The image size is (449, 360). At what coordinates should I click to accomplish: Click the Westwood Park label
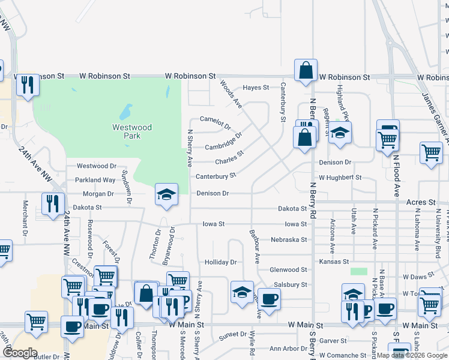click(132, 131)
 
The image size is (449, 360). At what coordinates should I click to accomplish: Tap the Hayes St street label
click(256, 88)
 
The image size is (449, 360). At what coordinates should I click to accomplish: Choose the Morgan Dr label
click(98, 194)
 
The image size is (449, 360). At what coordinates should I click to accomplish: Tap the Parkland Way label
click(95, 180)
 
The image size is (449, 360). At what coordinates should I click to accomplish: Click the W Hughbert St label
click(340, 178)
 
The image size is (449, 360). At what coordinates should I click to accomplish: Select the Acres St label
click(420, 203)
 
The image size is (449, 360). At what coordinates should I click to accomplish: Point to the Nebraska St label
click(288, 239)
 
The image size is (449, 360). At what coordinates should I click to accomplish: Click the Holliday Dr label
click(221, 262)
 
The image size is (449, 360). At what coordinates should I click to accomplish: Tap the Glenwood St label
click(288, 270)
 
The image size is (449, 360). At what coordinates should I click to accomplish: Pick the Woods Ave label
click(231, 94)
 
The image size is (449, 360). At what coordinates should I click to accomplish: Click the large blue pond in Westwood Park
click(125, 112)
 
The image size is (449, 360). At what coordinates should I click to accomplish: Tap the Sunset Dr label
click(232, 334)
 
